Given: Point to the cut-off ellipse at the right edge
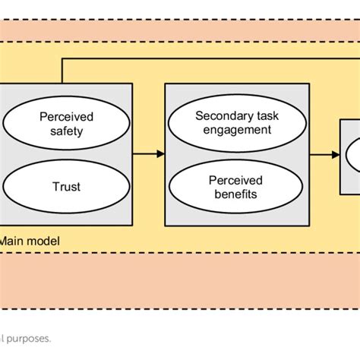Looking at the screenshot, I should point(353,155).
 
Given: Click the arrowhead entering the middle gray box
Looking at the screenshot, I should point(160,154).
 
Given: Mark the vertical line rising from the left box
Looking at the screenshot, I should point(62,71).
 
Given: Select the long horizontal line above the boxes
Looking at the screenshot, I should point(205,59).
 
